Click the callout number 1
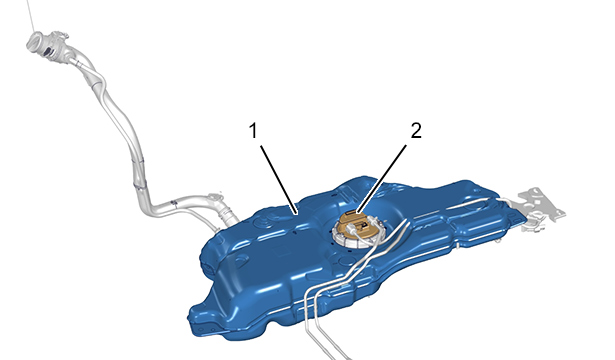[x=253, y=130]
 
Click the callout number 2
[x=416, y=130]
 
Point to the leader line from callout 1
[x=278, y=180]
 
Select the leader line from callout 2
[x=381, y=178]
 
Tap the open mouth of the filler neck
[x=35, y=41]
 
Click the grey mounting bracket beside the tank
[x=540, y=208]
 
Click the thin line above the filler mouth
[x=31, y=16]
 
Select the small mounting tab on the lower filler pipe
[x=215, y=196]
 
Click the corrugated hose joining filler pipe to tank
[x=229, y=216]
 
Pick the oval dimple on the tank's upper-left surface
[x=241, y=259]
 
